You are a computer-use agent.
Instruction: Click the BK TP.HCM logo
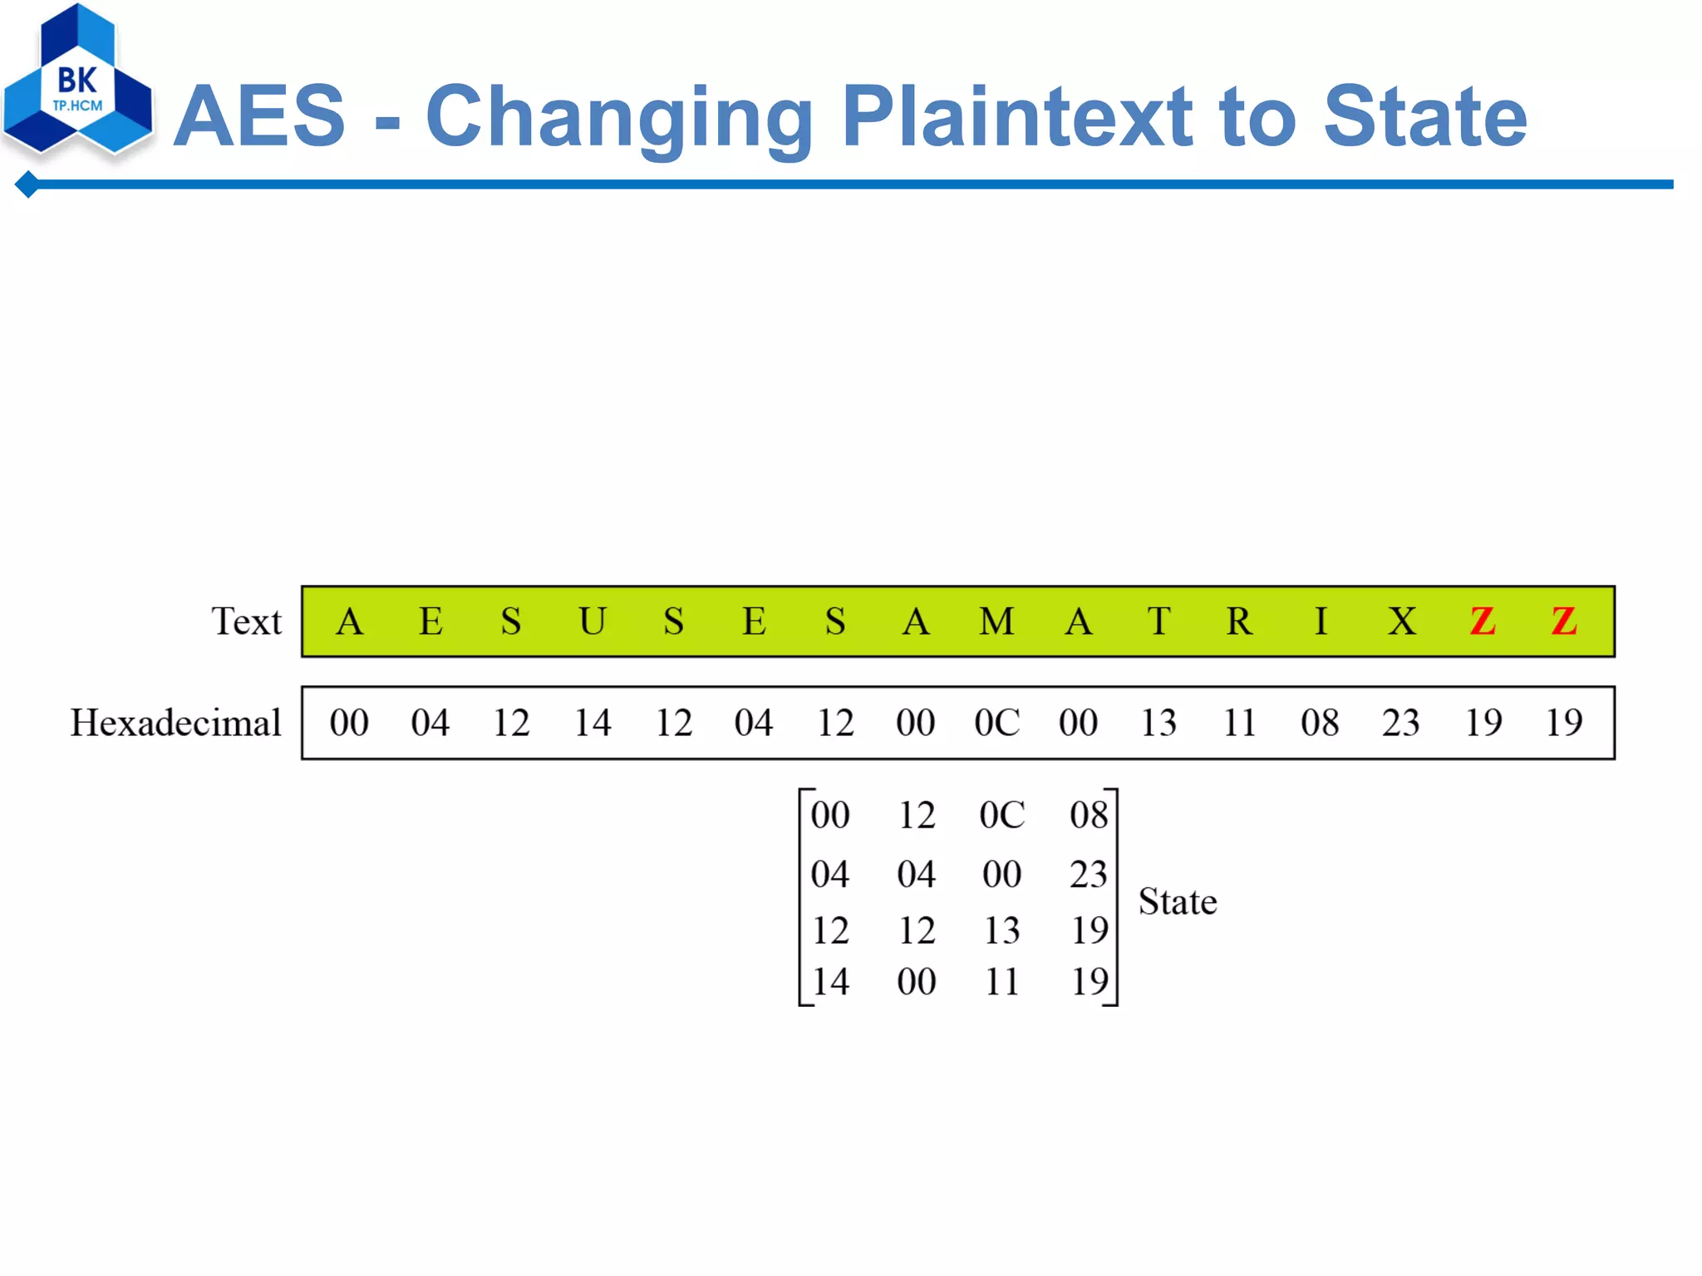[x=77, y=83]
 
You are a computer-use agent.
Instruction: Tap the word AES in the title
[x=259, y=117]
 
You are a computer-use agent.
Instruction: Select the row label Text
[x=246, y=621]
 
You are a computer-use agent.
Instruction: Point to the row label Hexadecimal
[x=176, y=723]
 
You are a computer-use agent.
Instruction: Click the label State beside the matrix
[x=1177, y=901]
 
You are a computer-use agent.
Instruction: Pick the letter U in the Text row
[x=593, y=621]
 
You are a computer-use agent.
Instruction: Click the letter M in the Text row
[x=996, y=621]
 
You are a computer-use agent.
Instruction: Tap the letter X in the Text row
[x=1401, y=621]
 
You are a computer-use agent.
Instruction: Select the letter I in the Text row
[x=1321, y=621]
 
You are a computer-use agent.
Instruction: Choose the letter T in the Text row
[x=1158, y=621]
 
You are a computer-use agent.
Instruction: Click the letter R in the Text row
[x=1239, y=621]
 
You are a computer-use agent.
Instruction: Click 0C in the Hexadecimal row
[x=996, y=723]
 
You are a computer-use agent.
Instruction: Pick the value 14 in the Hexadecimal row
[x=593, y=723]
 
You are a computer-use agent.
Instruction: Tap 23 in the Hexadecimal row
[x=1401, y=723]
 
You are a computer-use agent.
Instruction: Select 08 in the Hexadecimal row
[x=1321, y=723]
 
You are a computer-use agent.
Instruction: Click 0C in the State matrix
[x=1001, y=815]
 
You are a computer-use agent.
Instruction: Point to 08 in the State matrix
[x=1089, y=815]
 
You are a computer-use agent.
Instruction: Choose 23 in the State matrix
[x=1089, y=874]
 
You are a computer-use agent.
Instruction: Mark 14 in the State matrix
[x=830, y=982]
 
